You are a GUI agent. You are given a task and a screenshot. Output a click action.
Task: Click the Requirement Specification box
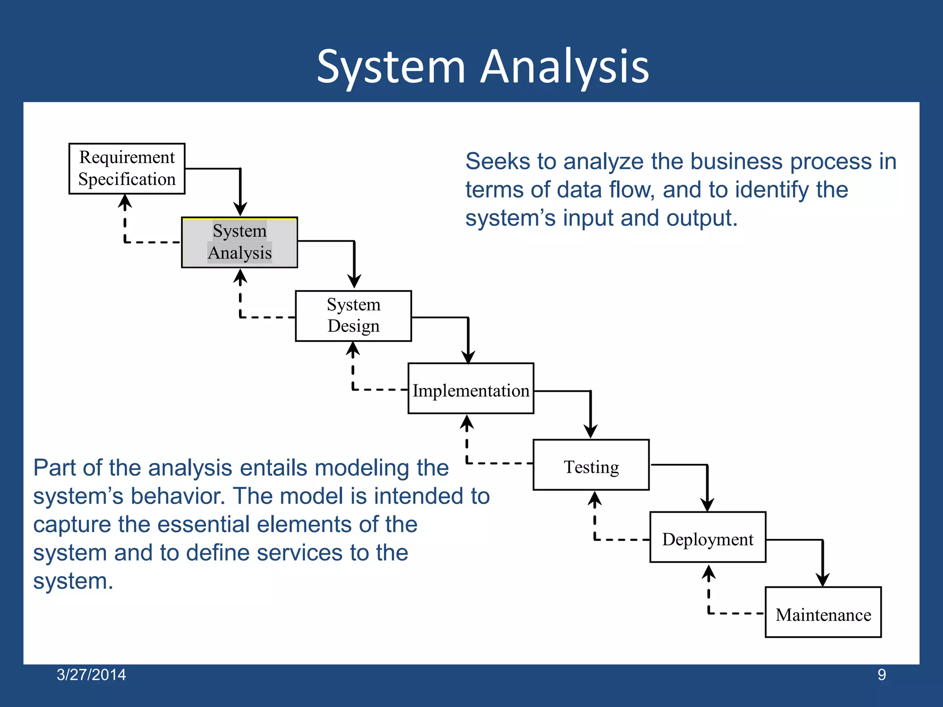pyautogui.click(x=127, y=168)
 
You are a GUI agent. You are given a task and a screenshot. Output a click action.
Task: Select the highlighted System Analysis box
pyautogui.click(x=239, y=242)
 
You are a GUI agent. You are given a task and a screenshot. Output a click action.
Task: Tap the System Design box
pyautogui.click(x=353, y=316)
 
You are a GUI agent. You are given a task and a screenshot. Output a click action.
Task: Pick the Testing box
pyautogui.click(x=591, y=465)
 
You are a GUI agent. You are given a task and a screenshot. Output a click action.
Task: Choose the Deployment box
pyautogui.click(x=708, y=537)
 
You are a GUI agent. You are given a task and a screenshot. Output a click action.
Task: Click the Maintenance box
pyautogui.click(x=823, y=612)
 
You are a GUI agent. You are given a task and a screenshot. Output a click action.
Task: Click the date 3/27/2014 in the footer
pyautogui.click(x=91, y=675)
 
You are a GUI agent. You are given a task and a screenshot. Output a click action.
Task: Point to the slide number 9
pyautogui.click(x=881, y=675)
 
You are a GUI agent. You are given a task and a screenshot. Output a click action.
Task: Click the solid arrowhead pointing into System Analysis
pyautogui.click(x=240, y=209)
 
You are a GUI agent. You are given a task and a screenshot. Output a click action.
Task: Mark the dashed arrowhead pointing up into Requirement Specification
pyautogui.click(x=125, y=201)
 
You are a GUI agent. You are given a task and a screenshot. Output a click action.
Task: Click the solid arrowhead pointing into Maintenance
pyautogui.click(x=823, y=580)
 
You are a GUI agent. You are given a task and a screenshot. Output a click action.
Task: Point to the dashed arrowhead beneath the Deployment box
pyautogui.click(x=709, y=572)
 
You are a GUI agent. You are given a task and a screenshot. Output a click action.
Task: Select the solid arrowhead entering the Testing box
pyautogui.click(x=590, y=432)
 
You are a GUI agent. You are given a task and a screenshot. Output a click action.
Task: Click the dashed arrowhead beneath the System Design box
pyautogui.click(x=353, y=349)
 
